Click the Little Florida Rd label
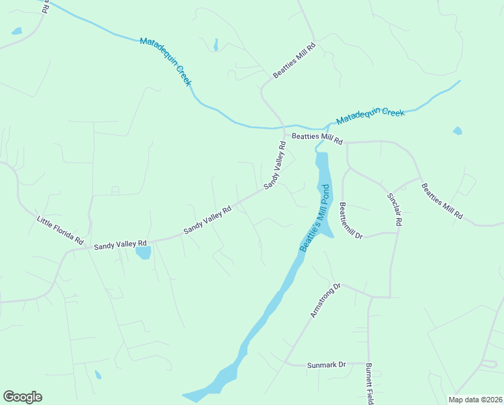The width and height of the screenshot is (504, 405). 60,231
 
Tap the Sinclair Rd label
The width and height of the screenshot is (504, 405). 394,209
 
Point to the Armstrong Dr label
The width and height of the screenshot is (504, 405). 326,300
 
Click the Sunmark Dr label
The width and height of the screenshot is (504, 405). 325,364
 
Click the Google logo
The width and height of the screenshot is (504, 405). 22,397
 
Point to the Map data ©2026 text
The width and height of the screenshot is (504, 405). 475,400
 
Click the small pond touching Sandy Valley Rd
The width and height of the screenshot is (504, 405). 143,253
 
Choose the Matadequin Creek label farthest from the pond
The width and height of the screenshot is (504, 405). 166,61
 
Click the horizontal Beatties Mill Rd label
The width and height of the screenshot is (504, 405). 317,139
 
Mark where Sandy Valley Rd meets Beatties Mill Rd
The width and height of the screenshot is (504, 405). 284,135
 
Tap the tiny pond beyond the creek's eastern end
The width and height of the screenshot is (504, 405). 458,130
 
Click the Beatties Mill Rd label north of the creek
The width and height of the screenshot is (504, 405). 294,59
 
